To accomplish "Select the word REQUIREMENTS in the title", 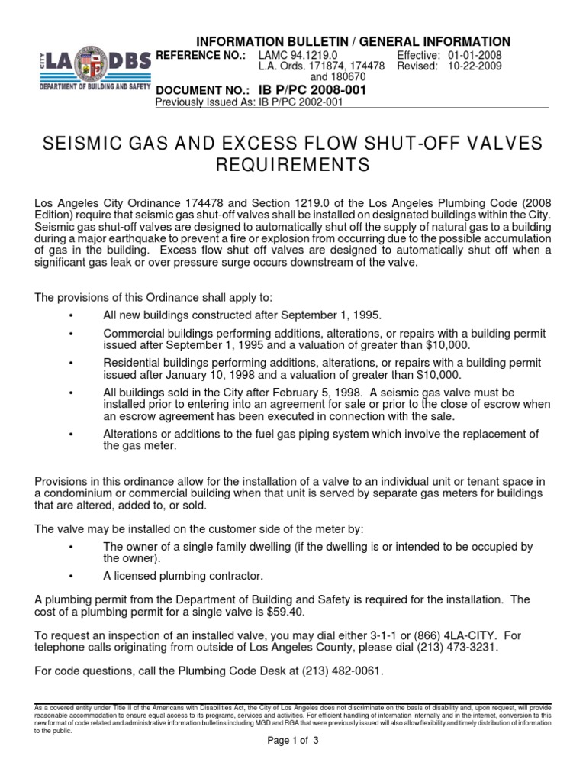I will [293, 165].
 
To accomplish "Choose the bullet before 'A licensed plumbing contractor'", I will [70, 575].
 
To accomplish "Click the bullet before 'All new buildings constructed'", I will [70, 315].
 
